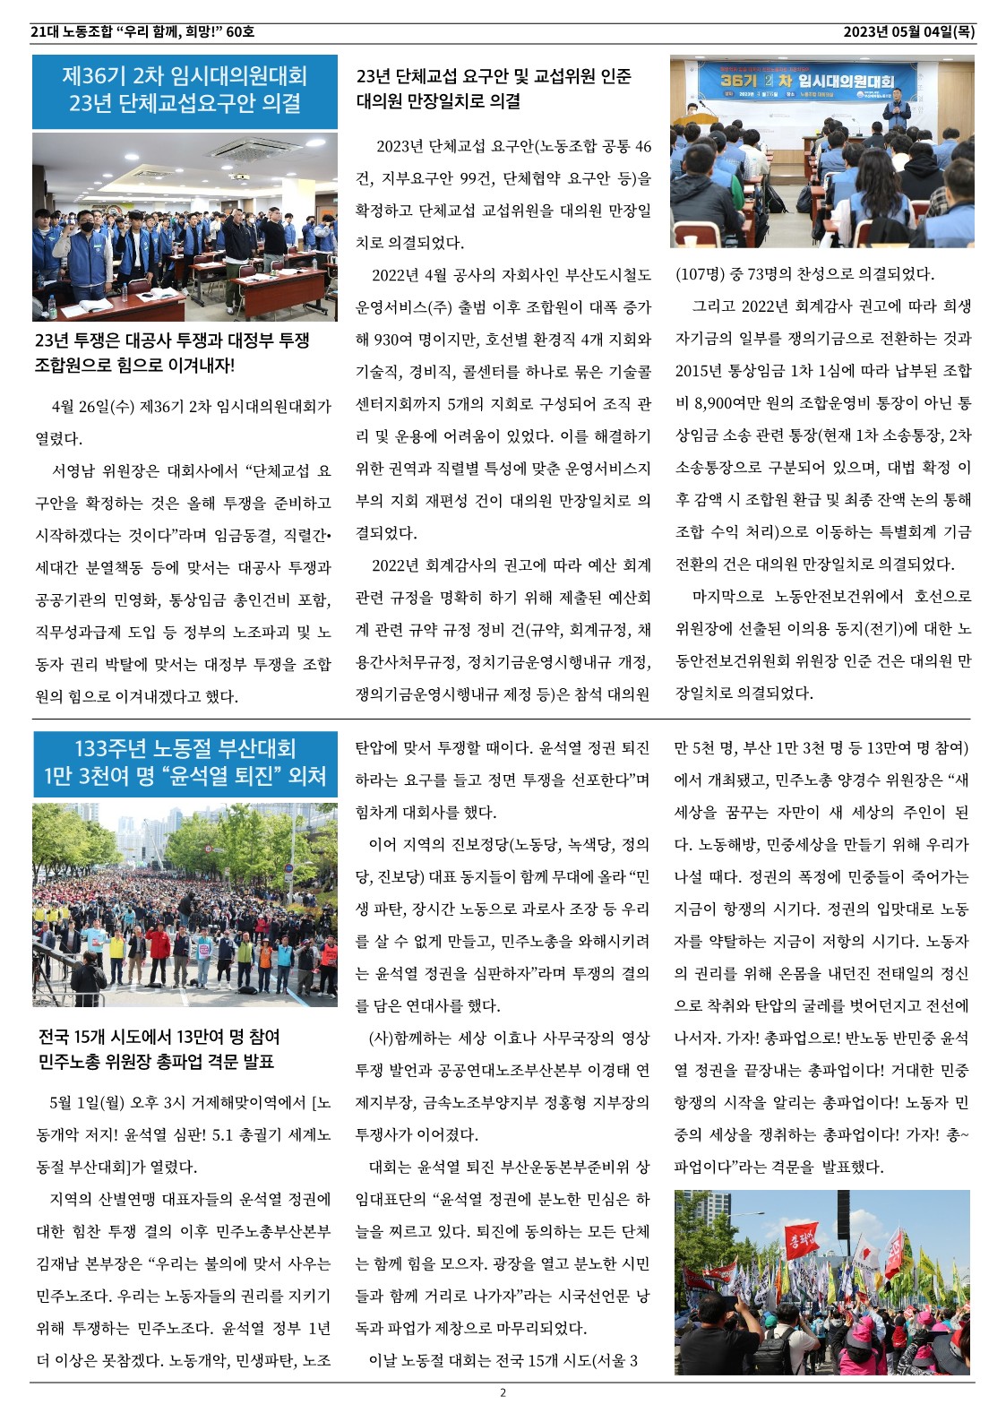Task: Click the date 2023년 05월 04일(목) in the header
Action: pos(908,32)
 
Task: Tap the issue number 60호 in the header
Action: pos(240,32)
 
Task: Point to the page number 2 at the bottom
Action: pos(503,1392)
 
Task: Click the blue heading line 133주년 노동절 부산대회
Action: pos(185,748)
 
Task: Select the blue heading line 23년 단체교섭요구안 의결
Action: pos(185,104)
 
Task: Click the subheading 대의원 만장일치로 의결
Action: pos(438,101)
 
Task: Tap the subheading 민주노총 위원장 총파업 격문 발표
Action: pos(156,1063)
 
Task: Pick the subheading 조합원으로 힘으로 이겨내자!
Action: pos(134,366)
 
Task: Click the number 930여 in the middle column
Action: pos(399,340)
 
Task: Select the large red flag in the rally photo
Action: pos(802,1241)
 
